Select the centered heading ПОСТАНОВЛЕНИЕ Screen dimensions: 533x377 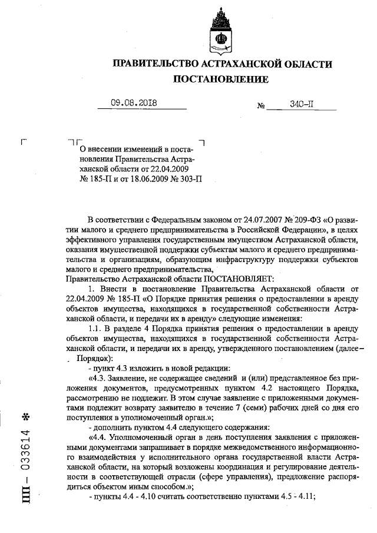221,79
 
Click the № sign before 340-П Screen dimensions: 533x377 261,107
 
